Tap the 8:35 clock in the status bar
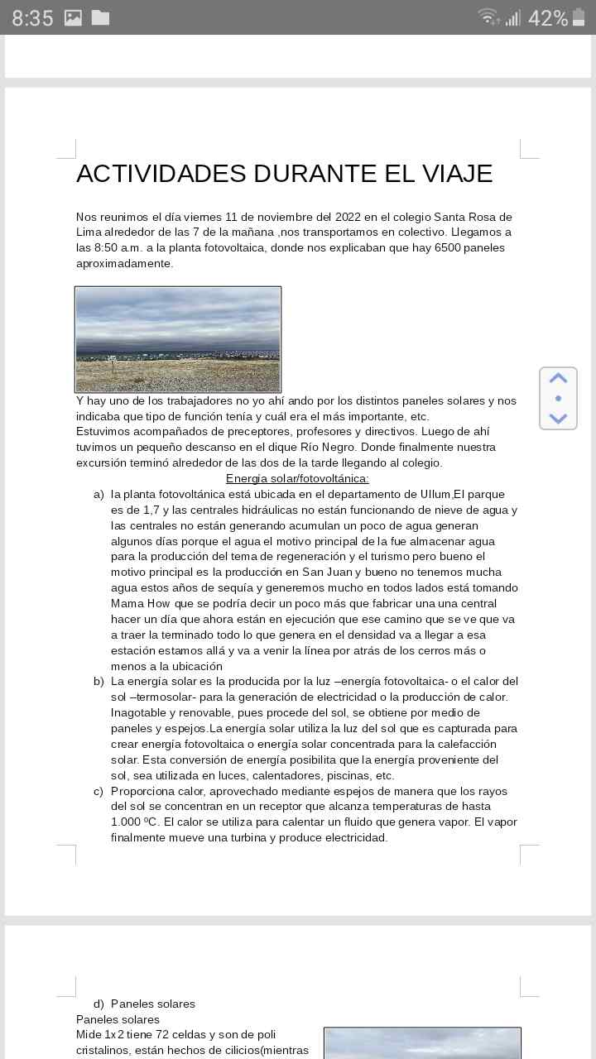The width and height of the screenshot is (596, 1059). pyautogui.click(x=32, y=18)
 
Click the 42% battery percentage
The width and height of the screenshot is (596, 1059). pyautogui.click(x=547, y=18)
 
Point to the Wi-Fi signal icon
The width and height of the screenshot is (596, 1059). pyautogui.click(x=488, y=17)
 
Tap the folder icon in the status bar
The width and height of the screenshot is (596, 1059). pyautogui.click(x=100, y=17)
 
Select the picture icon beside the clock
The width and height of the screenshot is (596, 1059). pyautogui.click(x=73, y=17)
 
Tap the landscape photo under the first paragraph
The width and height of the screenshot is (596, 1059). pyautogui.click(x=178, y=339)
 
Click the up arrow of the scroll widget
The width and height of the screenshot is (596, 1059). pyautogui.click(x=558, y=378)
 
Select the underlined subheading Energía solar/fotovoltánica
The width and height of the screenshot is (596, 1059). pyautogui.click(x=297, y=479)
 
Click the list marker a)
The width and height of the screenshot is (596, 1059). pyautogui.click(x=99, y=495)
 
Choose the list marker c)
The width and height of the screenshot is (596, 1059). pyautogui.click(x=99, y=792)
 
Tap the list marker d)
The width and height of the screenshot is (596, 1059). pyautogui.click(x=99, y=1004)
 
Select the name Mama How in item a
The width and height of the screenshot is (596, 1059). pyautogui.click(x=141, y=604)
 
